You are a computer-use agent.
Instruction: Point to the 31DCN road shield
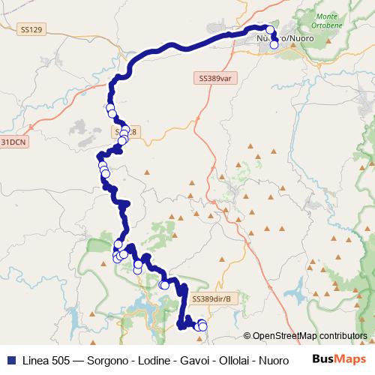pos(12,141)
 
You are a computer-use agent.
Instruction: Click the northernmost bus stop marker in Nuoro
pos(271,28)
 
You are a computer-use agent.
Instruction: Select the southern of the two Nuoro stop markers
pos(274,44)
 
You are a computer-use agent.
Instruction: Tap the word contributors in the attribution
pos(343,336)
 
